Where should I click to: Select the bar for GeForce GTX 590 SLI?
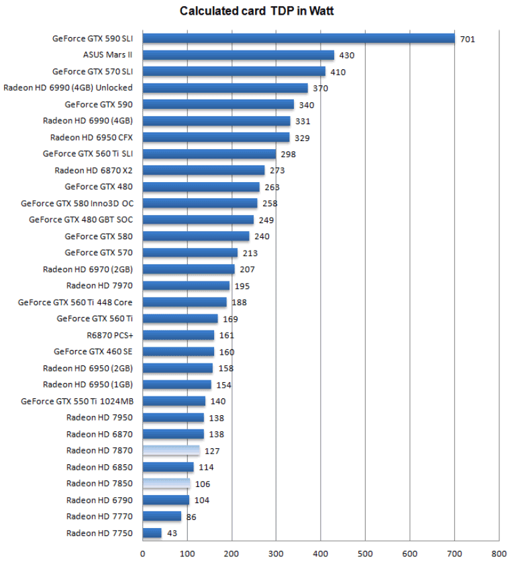point(299,38)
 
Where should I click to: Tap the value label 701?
point(468,39)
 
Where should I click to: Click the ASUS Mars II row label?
point(107,54)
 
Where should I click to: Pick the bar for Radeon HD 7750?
point(152,533)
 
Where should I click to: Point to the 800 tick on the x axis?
point(499,554)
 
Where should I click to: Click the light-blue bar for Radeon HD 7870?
point(171,450)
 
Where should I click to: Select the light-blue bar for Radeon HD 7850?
point(166,483)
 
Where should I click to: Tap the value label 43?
point(172,533)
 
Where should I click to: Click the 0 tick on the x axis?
point(143,554)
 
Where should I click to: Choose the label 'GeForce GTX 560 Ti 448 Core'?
point(75,302)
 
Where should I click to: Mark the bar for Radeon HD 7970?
point(186,286)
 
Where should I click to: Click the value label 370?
point(320,88)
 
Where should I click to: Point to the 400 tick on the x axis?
point(321,554)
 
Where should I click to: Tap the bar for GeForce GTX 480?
point(201,187)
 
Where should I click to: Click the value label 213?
point(250,253)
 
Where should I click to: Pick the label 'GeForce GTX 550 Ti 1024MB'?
point(76,401)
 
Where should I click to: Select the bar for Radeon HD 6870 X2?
point(203,170)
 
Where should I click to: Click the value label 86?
point(192,517)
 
